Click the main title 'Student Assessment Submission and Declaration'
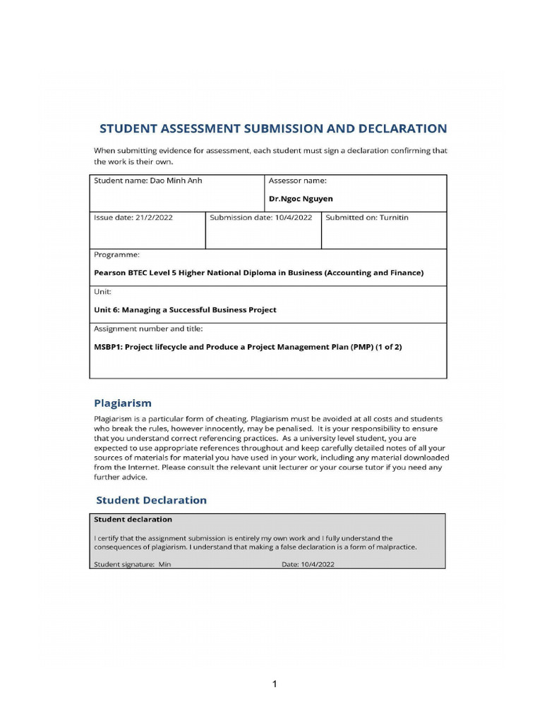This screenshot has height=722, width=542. click(272, 128)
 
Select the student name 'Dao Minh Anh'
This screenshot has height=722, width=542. click(176, 180)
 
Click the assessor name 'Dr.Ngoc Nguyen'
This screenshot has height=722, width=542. click(301, 199)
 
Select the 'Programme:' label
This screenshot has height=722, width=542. click(116, 255)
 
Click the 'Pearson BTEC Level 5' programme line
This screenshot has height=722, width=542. click(258, 273)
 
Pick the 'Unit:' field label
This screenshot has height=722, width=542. click(103, 291)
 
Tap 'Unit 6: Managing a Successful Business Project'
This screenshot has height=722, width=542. click(185, 310)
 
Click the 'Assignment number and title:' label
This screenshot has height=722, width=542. click(148, 329)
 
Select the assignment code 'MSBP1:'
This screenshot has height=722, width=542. click(108, 347)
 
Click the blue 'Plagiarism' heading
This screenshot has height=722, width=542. click(123, 403)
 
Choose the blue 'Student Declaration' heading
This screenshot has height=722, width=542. click(151, 500)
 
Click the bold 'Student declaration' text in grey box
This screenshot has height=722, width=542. click(133, 519)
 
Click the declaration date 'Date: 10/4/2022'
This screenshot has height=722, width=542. click(308, 564)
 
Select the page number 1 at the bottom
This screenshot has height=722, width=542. click(275, 684)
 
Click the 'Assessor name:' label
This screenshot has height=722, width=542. click(297, 180)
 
